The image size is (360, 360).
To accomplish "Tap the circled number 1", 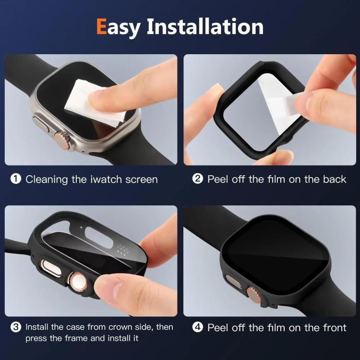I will pyautogui.click(x=16, y=180).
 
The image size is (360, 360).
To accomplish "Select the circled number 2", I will pyautogui.click(x=198, y=180).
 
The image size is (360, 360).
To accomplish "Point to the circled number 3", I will pyautogui.click(x=16, y=327).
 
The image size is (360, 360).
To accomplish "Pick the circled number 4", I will pyautogui.click(x=198, y=328).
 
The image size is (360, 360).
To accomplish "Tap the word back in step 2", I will pyautogui.click(x=334, y=180).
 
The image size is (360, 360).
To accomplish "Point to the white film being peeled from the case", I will pyautogui.click(x=276, y=101).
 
